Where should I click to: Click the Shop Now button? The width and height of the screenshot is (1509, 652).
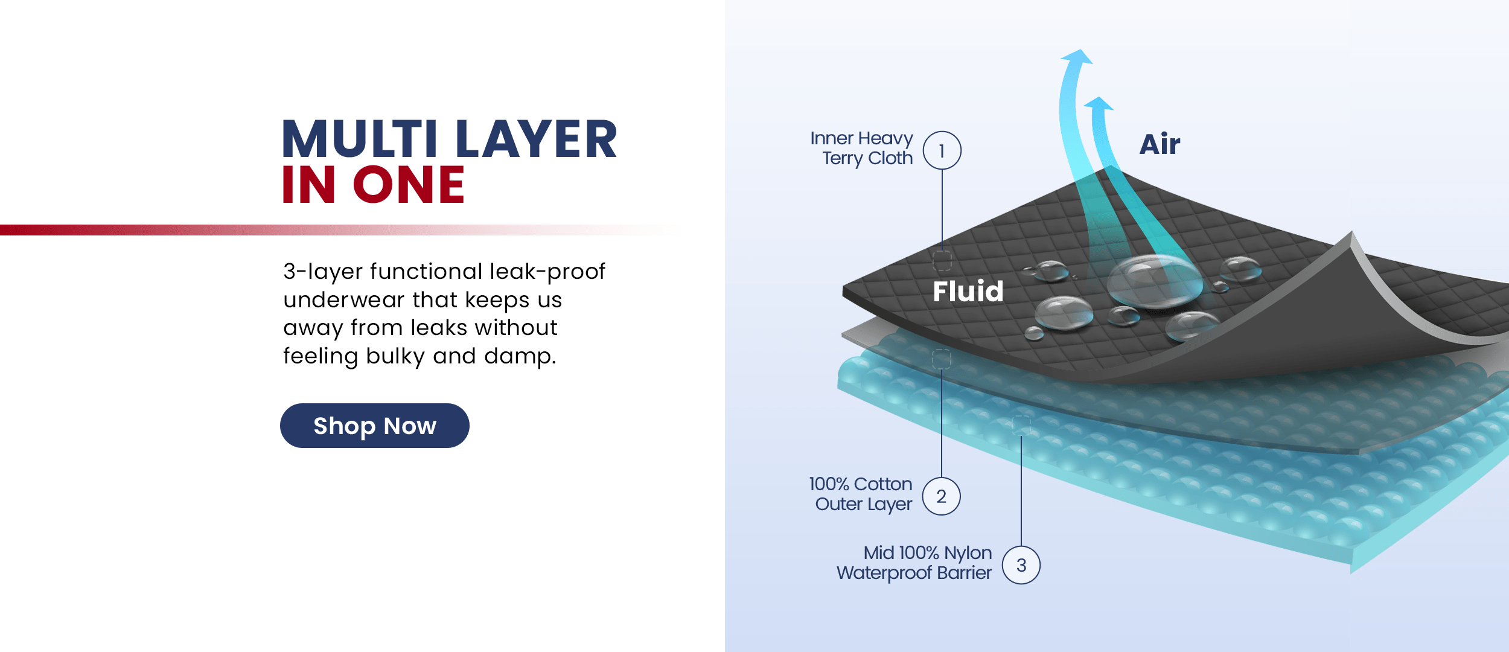point(375,426)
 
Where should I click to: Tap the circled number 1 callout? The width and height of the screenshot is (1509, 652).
point(942,150)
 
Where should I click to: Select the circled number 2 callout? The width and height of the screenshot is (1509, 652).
point(942,496)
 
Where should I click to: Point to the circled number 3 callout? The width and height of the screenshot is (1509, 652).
point(1021,565)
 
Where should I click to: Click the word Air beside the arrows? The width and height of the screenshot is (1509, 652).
point(1160,144)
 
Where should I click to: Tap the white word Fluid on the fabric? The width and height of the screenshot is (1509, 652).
point(968,291)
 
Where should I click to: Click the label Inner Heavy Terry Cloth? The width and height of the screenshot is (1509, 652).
point(861,148)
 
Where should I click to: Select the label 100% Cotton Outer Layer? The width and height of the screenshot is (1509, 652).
point(861,494)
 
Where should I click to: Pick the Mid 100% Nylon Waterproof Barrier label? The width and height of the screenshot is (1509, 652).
point(914,563)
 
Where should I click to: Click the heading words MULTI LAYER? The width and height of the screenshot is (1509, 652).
point(450,139)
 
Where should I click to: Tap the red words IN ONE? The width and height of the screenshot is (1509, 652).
point(373,184)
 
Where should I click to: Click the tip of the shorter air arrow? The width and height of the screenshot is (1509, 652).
point(1101,97)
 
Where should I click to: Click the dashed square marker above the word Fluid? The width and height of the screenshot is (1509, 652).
point(942,261)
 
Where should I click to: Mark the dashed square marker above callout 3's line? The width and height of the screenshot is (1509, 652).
point(1021,426)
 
